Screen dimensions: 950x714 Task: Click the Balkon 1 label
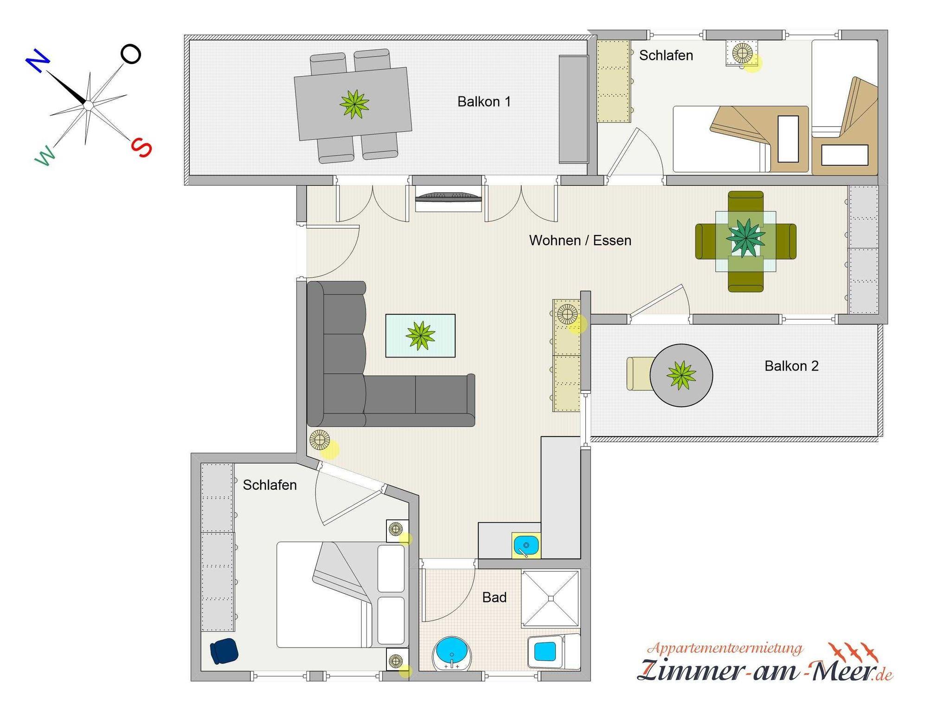click(x=484, y=102)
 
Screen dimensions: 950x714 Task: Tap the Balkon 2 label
click(x=791, y=366)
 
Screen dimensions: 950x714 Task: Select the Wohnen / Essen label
click(x=580, y=240)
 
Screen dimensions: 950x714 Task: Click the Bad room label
click(x=494, y=597)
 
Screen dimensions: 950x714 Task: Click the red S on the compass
click(x=141, y=148)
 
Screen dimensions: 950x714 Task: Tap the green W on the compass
click(x=45, y=155)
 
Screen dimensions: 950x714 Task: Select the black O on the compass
click(x=131, y=54)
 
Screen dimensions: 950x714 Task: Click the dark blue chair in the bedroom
click(x=224, y=651)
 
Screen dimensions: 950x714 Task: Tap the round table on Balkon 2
click(x=681, y=375)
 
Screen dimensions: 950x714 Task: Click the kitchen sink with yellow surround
click(x=526, y=545)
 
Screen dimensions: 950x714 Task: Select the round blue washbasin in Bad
click(x=452, y=654)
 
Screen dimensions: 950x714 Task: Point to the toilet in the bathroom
click(x=554, y=651)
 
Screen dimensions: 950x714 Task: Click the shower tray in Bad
click(x=551, y=599)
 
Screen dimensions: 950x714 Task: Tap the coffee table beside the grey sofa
click(x=420, y=336)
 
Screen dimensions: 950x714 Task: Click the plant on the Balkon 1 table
click(x=354, y=104)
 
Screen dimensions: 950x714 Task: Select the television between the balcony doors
click(x=448, y=198)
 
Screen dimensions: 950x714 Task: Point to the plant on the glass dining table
click(x=745, y=238)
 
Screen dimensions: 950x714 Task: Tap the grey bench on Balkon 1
click(x=574, y=109)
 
